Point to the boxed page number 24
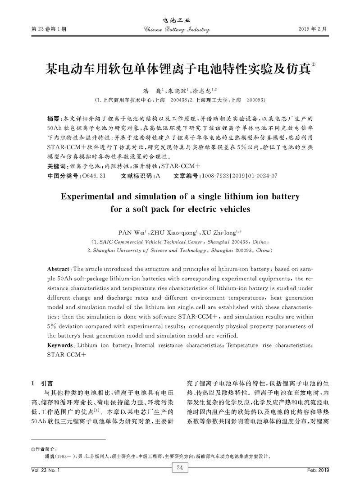click(179, 469)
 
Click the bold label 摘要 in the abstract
click(55, 119)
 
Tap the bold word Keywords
click(61, 345)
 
